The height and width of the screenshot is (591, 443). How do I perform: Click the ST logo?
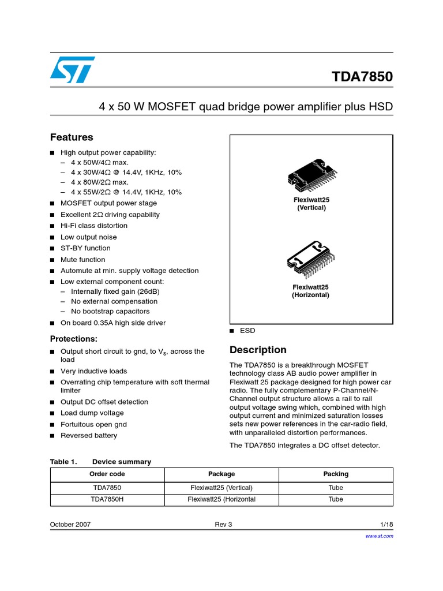[72, 70]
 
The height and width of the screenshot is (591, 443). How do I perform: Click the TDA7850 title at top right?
[362, 77]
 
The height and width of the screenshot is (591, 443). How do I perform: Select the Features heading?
[72, 137]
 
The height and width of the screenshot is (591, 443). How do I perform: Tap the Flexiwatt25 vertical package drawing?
[311, 175]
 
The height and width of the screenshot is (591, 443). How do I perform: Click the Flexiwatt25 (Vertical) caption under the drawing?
[311, 204]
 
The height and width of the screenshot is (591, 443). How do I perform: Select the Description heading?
[258, 350]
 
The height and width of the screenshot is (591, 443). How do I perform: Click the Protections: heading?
[74, 339]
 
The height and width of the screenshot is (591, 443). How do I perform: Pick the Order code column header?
[107, 474]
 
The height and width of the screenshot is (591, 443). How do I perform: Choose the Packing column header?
[336, 474]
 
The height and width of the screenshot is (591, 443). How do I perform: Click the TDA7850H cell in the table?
[107, 499]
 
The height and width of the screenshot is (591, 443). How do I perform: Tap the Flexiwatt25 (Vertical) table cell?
[221, 487]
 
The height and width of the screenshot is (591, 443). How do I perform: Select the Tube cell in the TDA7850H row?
[336, 499]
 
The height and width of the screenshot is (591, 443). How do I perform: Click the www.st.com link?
[380, 536]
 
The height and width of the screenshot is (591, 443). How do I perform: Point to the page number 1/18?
[386, 524]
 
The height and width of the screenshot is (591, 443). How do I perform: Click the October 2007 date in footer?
[70, 524]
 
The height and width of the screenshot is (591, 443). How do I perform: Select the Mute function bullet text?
[83, 260]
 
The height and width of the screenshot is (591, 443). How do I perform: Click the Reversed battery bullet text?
[89, 435]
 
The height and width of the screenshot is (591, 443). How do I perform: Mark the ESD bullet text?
[247, 331]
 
